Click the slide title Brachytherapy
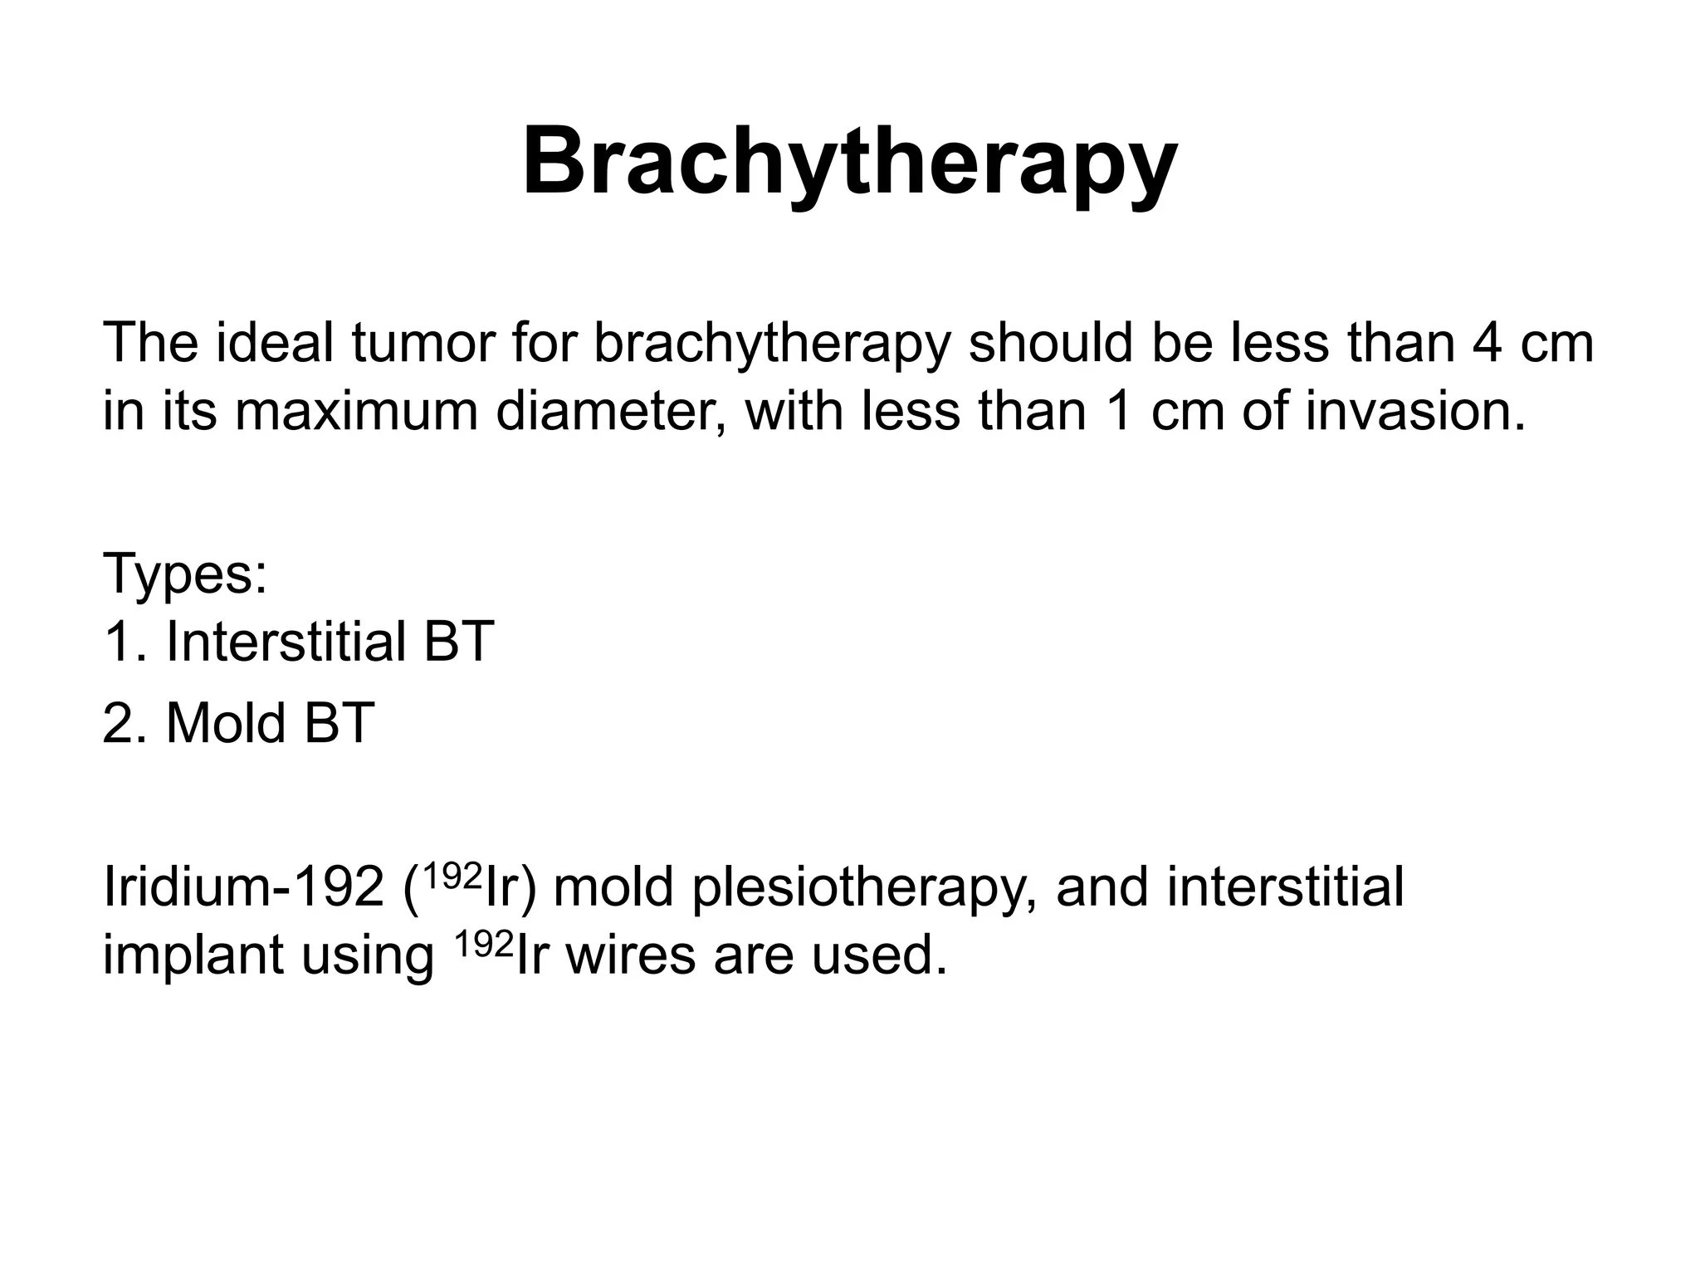(849, 162)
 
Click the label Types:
(185, 574)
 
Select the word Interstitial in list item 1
(286, 642)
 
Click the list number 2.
(118, 723)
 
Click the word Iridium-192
(243, 887)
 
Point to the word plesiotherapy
(863, 887)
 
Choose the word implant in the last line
(193, 955)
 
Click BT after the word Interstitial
(458, 642)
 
